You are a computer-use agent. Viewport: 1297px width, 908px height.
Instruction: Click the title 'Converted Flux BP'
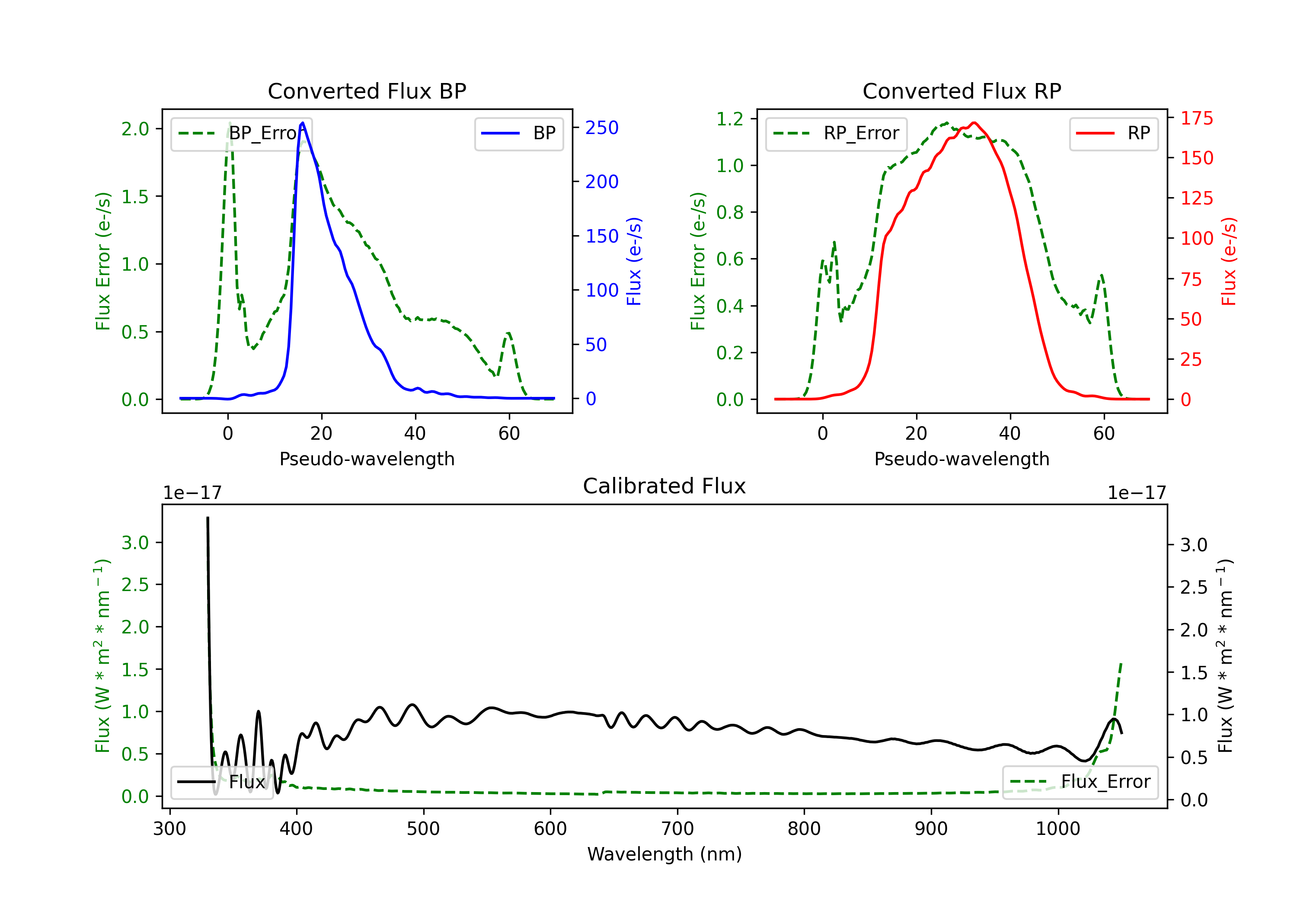pyautogui.click(x=367, y=91)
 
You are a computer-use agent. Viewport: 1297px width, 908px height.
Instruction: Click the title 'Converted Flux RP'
pyautogui.click(x=962, y=91)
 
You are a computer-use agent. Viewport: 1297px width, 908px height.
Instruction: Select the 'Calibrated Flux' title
pyautogui.click(x=664, y=486)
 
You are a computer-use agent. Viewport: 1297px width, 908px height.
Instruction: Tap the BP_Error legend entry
pyautogui.click(x=241, y=133)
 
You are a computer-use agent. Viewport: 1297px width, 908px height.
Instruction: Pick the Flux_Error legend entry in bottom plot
pyautogui.click(x=1080, y=782)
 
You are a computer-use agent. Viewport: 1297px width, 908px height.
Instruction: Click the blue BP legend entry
pyautogui.click(x=518, y=133)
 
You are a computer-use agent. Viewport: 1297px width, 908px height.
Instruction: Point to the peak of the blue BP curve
pyautogui.click(x=303, y=123)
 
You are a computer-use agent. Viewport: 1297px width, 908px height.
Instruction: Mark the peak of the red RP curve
pyautogui.click(x=974, y=123)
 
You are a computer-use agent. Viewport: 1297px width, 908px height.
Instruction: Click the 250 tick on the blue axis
pyautogui.click(x=602, y=128)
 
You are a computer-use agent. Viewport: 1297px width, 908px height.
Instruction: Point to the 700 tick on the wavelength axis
pyautogui.click(x=677, y=829)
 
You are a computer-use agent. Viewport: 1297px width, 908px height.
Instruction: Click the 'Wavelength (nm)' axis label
pyautogui.click(x=664, y=854)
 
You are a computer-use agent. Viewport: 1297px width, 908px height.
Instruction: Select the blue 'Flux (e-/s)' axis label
pyautogui.click(x=634, y=262)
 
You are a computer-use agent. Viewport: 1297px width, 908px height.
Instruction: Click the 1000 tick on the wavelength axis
pyautogui.click(x=1058, y=829)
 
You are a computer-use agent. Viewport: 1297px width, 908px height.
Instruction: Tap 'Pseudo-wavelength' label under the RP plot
pyautogui.click(x=962, y=459)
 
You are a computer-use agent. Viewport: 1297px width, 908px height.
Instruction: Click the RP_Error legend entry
pyautogui.click(x=836, y=133)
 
